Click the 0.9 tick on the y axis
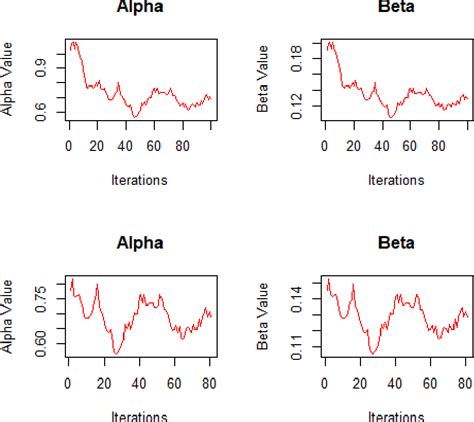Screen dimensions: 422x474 click(40, 66)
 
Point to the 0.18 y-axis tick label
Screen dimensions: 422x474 click(297, 51)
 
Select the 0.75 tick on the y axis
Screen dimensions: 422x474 click(40, 293)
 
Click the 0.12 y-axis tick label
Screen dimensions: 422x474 click(297, 105)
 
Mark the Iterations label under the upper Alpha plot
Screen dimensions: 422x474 click(138, 181)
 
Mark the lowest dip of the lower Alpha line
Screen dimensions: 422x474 click(117, 354)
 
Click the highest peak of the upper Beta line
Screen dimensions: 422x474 click(331, 43)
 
